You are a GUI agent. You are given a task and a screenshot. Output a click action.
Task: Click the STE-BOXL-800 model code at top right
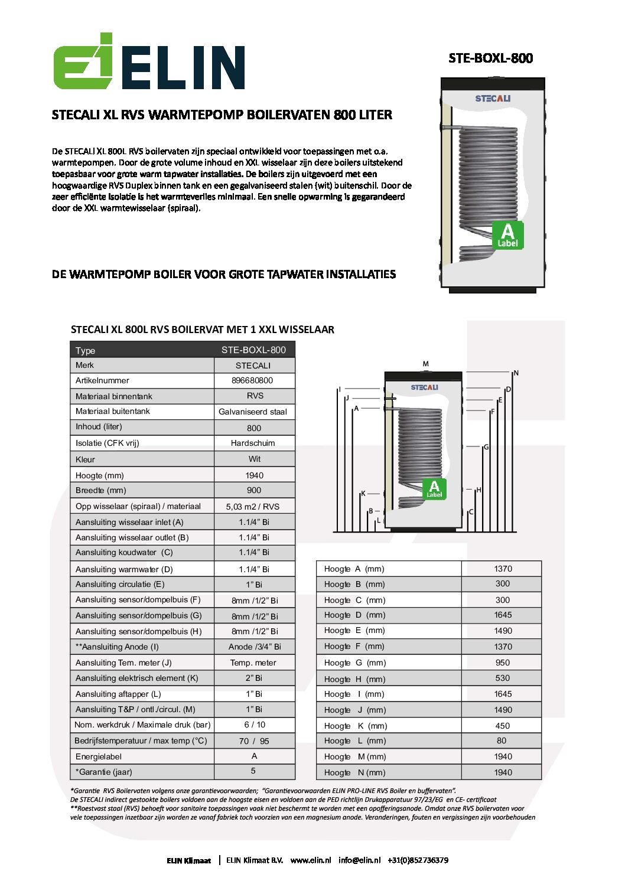[490, 58]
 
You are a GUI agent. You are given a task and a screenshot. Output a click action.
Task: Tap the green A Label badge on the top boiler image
[507, 235]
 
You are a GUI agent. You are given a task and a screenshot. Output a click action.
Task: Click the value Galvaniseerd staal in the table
[253, 412]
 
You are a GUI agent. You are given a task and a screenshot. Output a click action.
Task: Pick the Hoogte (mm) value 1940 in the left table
[254, 475]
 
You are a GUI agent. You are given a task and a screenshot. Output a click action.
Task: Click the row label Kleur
[85, 459]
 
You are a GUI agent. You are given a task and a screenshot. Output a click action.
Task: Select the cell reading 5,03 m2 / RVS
[253, 507]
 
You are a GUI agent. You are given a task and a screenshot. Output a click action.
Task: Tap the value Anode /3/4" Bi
[255, 647]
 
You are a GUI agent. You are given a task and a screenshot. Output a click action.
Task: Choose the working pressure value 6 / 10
[255, 725]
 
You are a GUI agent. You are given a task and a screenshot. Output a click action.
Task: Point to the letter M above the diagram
[425, 364]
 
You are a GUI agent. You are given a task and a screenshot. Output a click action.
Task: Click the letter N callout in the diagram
[516, 373]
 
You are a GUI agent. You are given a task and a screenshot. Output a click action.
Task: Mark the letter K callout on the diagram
[363, 494]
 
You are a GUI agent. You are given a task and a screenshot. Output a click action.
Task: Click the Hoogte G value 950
[503, 663]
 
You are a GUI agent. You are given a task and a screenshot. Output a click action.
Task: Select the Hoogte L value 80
[502, 741]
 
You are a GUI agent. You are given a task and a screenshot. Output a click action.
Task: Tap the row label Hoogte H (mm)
[354, 679]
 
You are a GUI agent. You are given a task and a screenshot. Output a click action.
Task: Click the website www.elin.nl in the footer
[311, 860]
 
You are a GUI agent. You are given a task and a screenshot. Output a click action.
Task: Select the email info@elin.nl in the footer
[359, 860]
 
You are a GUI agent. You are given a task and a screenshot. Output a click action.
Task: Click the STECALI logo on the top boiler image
[493, 99]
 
